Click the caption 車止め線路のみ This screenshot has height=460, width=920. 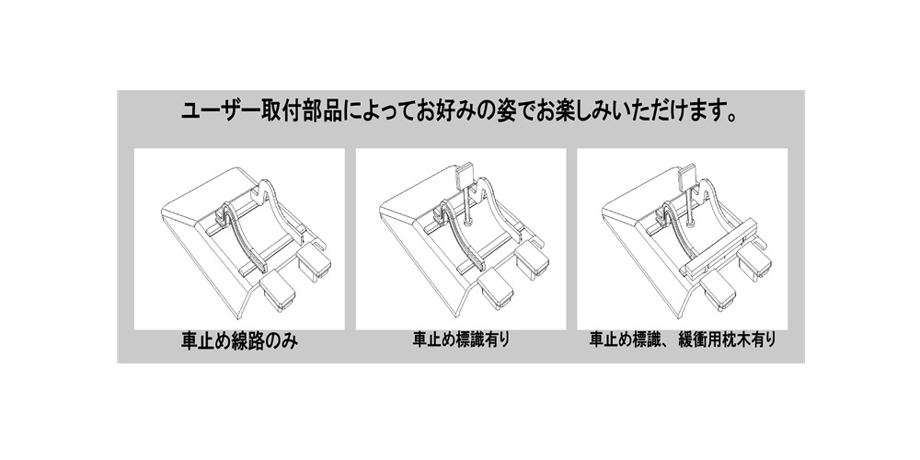239,341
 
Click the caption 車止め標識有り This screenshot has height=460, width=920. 461,339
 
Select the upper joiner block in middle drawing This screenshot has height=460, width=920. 532,261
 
